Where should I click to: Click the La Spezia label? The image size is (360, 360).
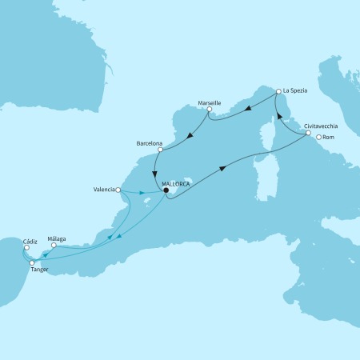[x=299, y=91]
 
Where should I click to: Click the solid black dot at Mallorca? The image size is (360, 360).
[x=166, y=190]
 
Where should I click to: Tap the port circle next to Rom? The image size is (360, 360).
[x=321, y=137]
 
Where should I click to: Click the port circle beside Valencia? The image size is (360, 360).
[x=118, y=190]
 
